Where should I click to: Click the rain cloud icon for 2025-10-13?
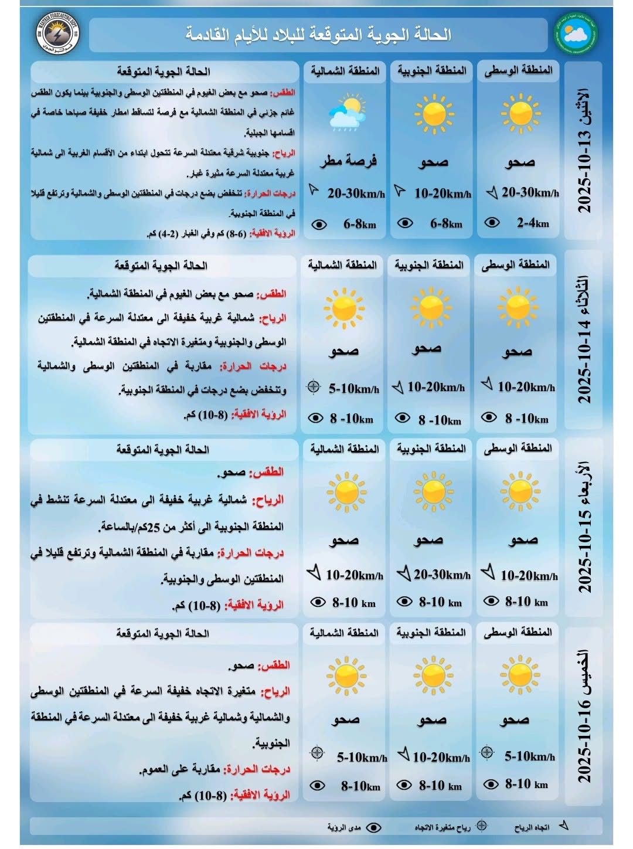347,114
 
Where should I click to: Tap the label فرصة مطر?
348,160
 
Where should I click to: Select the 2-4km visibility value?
532,223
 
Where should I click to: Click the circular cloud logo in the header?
574,33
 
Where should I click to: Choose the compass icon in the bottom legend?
481,826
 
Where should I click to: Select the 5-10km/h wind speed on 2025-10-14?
353,388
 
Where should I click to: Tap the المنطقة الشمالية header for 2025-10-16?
345,633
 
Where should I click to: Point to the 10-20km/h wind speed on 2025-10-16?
441,757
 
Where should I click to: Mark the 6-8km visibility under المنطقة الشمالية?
359,224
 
